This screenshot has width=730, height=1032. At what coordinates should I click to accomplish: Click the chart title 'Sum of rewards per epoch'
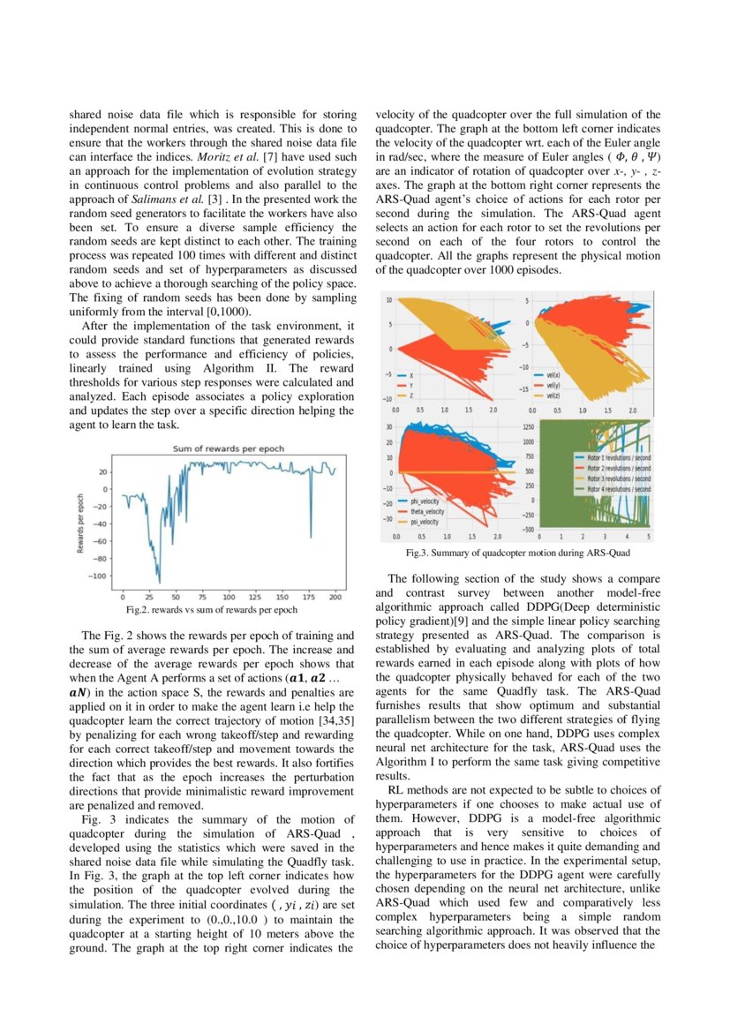pos(227,448)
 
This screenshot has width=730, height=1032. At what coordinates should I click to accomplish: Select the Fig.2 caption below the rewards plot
pos(213,609)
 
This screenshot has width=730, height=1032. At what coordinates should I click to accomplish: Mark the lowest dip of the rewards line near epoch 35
pos(159,583)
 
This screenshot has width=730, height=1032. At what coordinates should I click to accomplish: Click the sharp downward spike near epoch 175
pos(311,536)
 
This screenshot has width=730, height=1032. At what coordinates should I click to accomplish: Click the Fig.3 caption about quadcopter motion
pos(518,554)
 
